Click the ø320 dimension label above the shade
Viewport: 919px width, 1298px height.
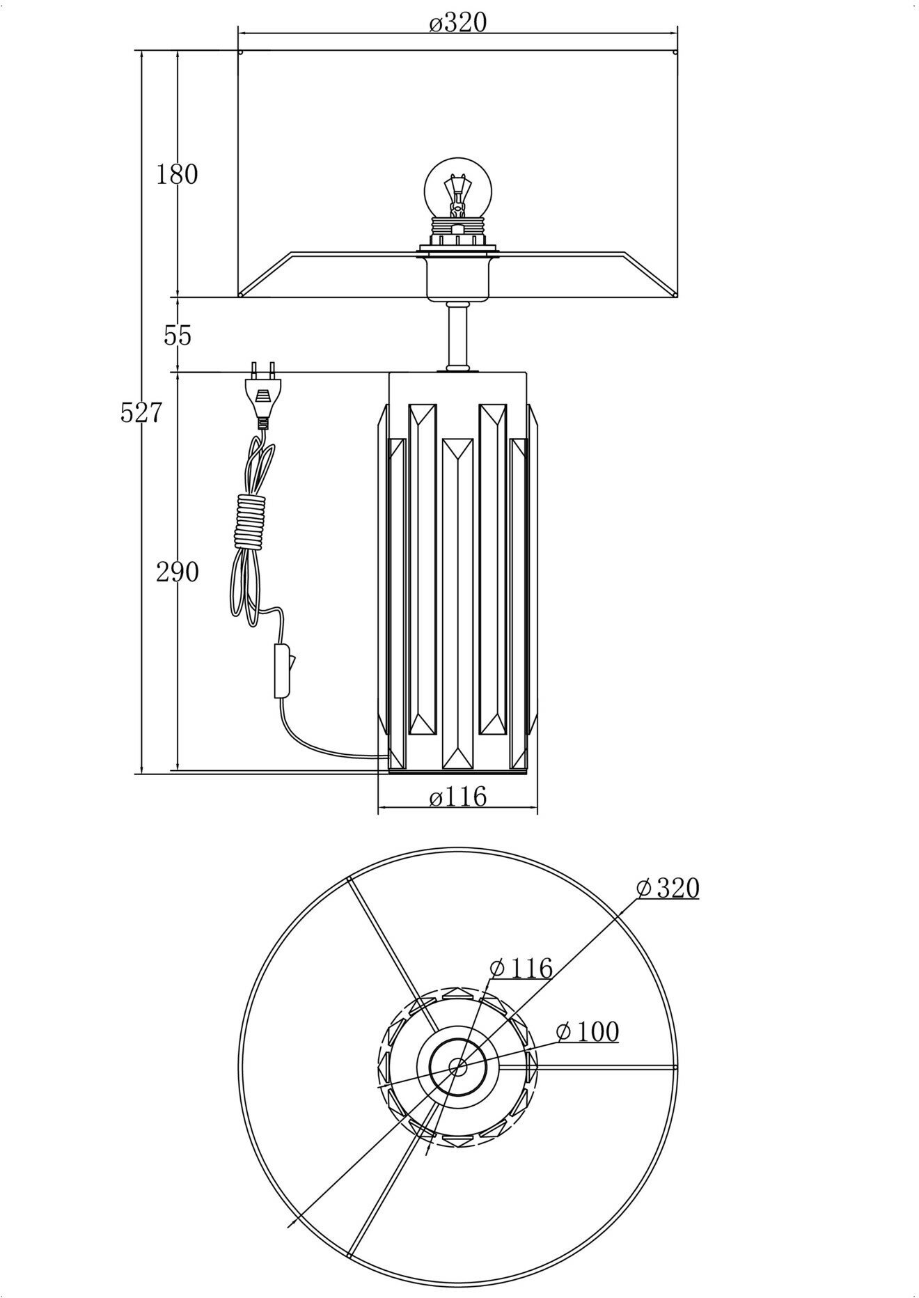(457, 24)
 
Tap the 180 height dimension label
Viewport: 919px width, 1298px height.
(177, 174)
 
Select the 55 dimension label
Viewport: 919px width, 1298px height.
(177, 336)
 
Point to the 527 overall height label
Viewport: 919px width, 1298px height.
(141, 413)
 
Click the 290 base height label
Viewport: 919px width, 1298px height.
(177, 572)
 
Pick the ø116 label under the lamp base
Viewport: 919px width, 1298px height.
(457, 796)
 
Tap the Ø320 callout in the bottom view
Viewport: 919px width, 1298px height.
(668, 888)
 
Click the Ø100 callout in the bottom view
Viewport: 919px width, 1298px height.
(588, 1032)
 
